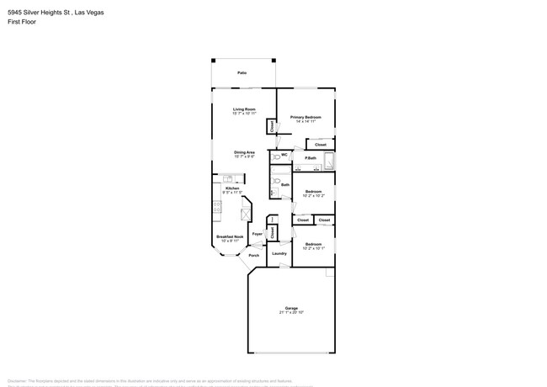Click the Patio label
tap(242, 73)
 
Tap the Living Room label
tap(244, 109)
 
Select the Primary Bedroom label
tap(305, 117)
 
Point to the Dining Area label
tap(244, 152)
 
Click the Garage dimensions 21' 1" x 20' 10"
tap(291, 312)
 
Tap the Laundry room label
tap(279, 252)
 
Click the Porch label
tap(253, 255)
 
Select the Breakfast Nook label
tap(230, 236)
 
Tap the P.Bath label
tap(311, 158)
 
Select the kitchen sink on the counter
tap(228, 179)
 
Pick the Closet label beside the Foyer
tap(272, 231)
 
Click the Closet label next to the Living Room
tap(272, 126)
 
